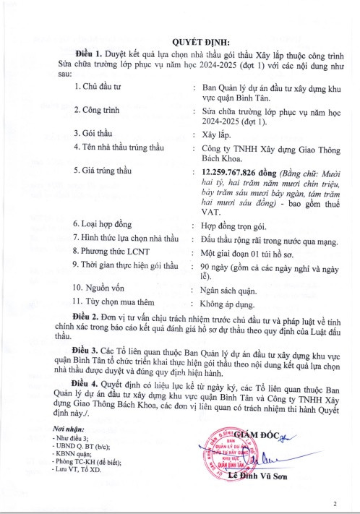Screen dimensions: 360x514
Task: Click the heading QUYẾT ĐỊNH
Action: click(181, 41)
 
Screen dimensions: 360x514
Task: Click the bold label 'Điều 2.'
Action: click(89, 317)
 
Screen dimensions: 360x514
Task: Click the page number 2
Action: click(335, 503)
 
